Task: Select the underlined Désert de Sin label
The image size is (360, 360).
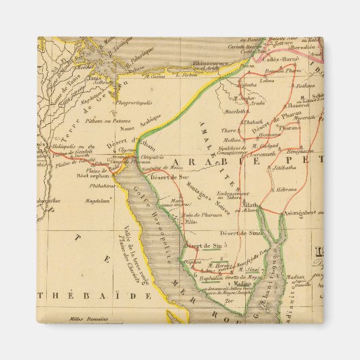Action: click(x=204, y=245)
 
